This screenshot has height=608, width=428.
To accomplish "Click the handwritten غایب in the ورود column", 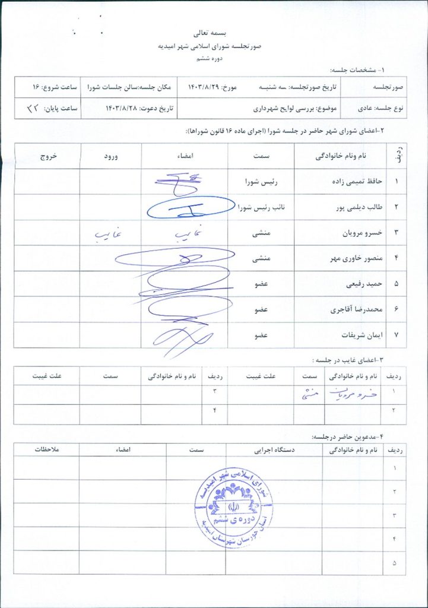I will tap(107, 235).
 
